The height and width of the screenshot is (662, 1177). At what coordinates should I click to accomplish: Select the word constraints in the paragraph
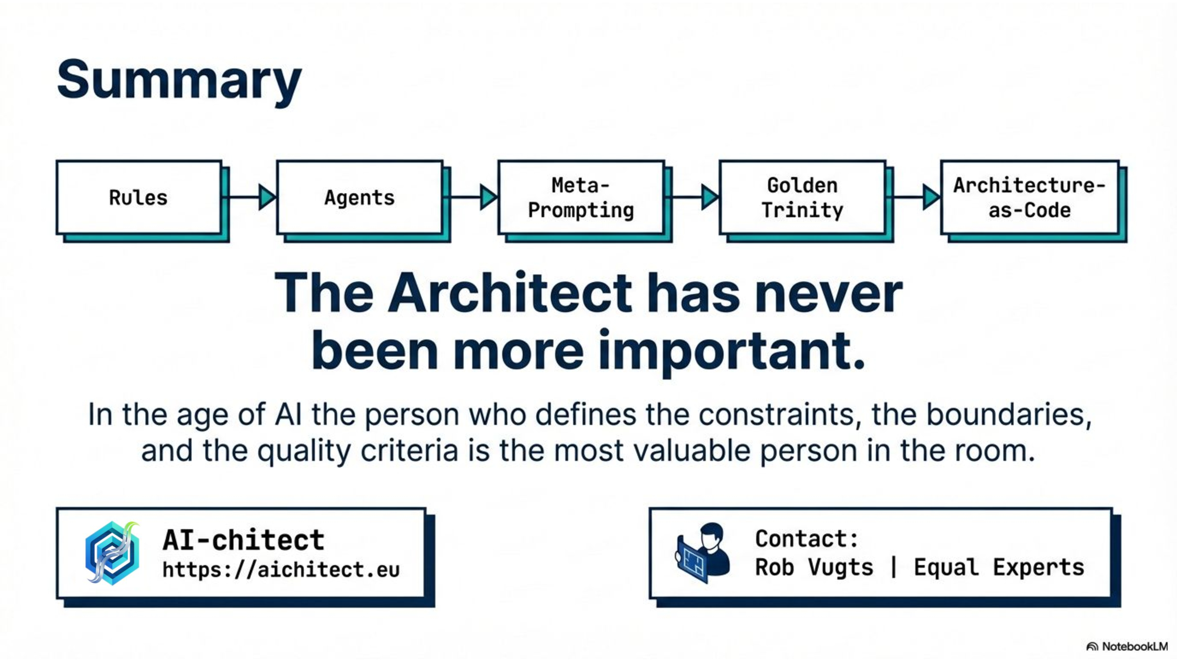[777, 415]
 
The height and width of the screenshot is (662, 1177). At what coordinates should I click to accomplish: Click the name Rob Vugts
[814, 567]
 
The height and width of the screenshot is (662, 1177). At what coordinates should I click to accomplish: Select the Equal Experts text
[999, 567]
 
